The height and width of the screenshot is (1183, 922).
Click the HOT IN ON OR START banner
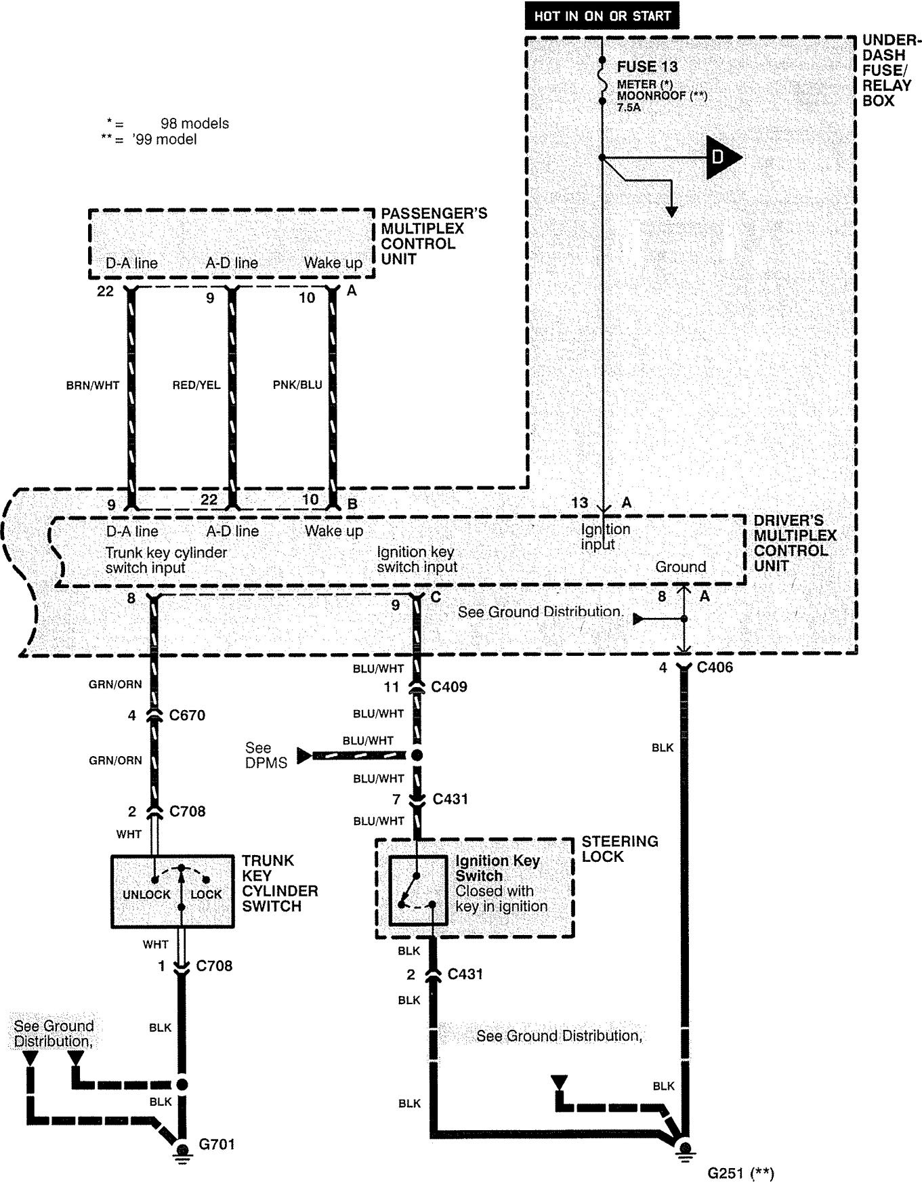(x=602, y=16)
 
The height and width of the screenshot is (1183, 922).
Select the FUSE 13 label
(x=647, y=66)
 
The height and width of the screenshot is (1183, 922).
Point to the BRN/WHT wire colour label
(x=93, y=386)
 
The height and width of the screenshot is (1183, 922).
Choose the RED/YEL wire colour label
(x=196, y=386)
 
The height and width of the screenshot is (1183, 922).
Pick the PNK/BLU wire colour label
(x=297, y=386)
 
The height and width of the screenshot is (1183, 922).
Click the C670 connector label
(x=187, y=715)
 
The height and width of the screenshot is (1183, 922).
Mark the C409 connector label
(x=449, y=687)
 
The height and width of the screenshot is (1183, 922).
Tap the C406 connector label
(x=715, y=667)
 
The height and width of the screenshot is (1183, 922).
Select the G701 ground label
(x=217, y=1144)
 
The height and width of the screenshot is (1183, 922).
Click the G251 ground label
(x=741, y=1173)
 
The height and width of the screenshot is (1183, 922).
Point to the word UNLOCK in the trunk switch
(x=146, y=894)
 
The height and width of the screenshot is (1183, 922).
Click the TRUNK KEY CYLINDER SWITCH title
(x=280, y=884)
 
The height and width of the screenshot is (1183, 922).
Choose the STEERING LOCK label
(x=620, y=849)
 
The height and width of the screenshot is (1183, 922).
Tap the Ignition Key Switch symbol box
(x=418, y=890)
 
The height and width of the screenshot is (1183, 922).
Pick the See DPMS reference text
(x=266, y=755)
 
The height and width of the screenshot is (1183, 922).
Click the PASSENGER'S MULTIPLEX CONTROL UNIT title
(x=434, y=236)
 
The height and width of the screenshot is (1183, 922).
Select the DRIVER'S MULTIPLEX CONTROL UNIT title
(x=795, y=543)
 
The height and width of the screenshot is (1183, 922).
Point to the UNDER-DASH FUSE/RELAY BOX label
(x=888, y=70)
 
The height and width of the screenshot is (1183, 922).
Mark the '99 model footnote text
(x=165, y=140)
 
